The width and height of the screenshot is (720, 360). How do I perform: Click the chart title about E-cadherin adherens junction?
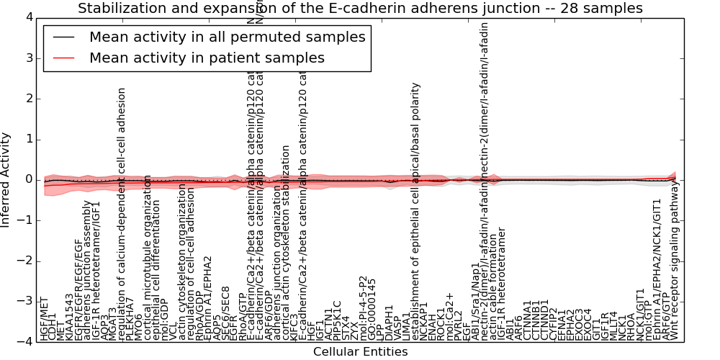coord(360,9)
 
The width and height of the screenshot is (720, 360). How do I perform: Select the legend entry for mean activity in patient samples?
coord(207,58)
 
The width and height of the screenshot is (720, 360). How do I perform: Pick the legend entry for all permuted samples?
coord(227,37)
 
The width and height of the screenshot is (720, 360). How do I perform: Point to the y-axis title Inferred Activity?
coord(6,180)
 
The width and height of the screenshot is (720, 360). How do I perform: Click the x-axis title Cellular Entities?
coord(360,352)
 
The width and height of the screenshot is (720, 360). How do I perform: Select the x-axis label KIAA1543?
coord(70,317)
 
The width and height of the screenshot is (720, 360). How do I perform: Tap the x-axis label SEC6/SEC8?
coord(225,313)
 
